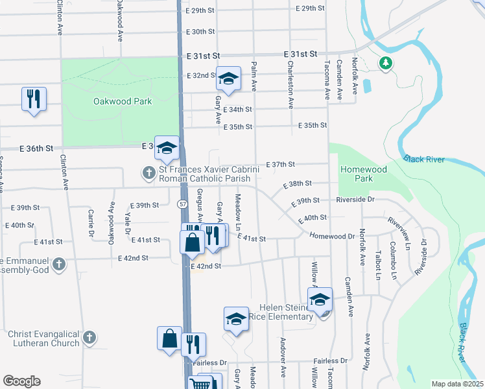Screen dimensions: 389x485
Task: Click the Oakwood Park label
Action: (x=123, y=101)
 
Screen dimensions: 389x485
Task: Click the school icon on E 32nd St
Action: (x=228, y=78)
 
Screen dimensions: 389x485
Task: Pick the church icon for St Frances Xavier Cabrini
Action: (x=149, y=173)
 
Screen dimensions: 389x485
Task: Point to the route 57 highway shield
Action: (x=183, y=204)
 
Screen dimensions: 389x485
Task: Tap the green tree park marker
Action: (x=386, y=64)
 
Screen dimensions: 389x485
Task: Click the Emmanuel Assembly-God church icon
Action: (x=59, y=264)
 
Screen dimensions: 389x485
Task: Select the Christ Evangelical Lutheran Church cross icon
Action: (x=90, y=338)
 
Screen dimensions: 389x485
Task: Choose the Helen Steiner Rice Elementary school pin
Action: (x=320, y=300)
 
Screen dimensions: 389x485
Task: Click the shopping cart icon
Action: (x=201, y=384)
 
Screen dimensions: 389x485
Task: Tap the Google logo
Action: (x=21, y=381)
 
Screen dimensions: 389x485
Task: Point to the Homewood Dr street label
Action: (x=332, y=236)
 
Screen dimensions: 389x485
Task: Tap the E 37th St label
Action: (x=281, y=165)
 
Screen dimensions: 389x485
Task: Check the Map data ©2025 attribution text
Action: (x=456, y=384)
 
